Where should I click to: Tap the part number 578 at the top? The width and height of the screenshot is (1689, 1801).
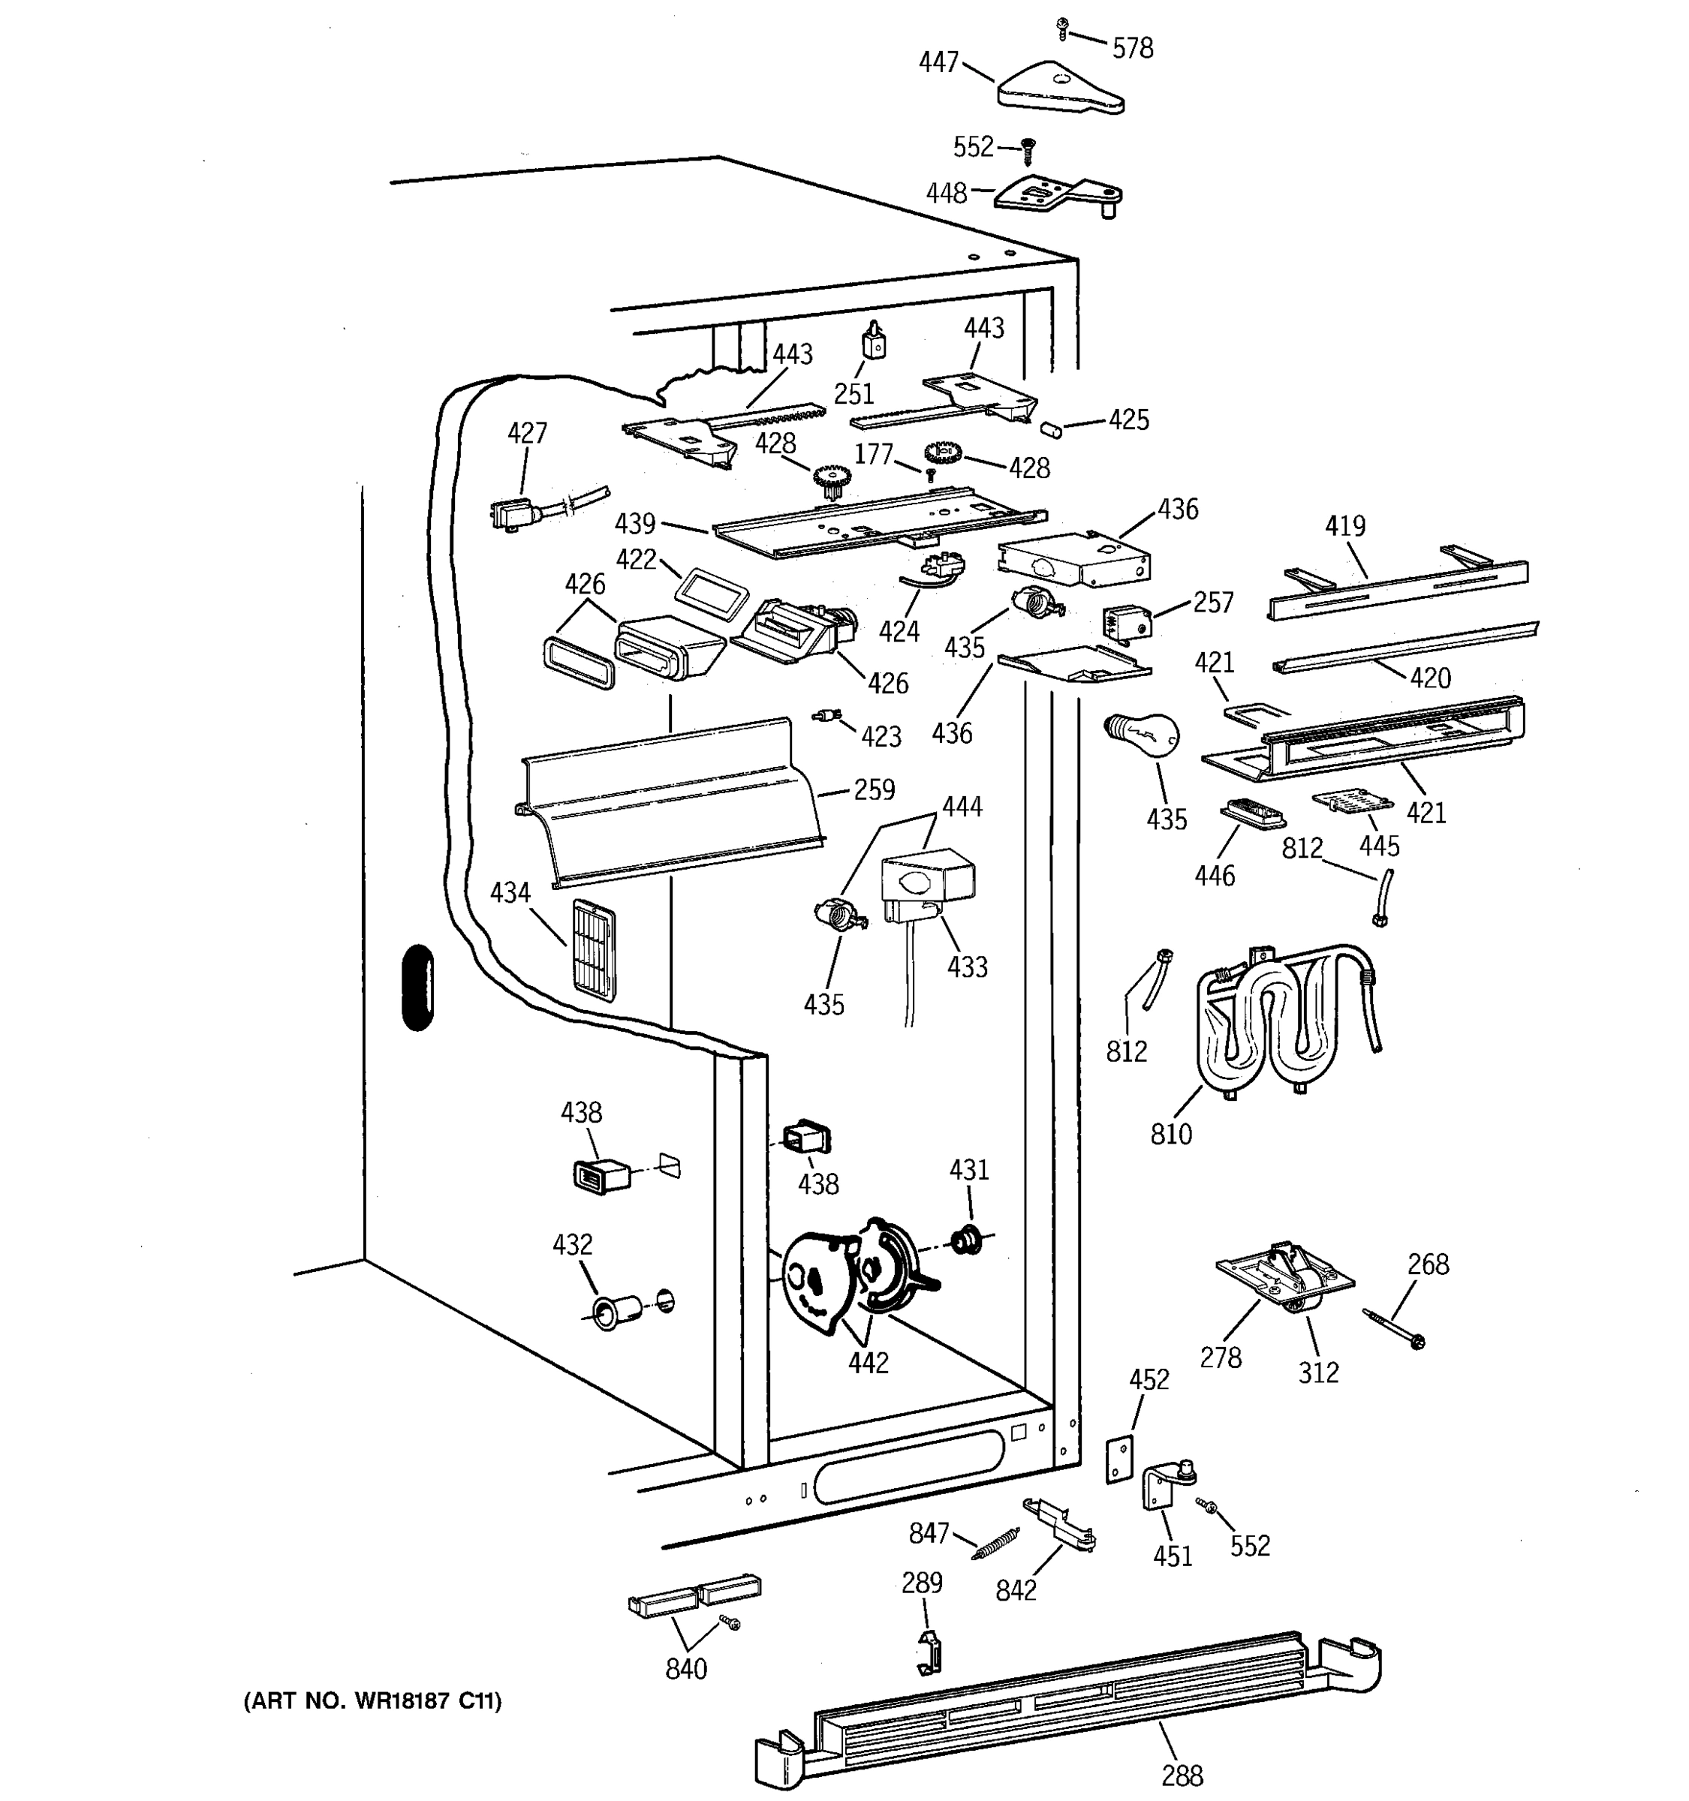[1133, 48]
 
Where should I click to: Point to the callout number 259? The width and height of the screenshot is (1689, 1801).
[875, 790]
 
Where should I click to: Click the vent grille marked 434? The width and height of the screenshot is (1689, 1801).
[594, 949]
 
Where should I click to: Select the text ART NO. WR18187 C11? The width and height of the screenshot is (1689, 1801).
[372, 1700]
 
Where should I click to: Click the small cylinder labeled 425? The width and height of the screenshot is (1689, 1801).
[1051, 428]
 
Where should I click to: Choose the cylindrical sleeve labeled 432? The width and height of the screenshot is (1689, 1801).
[616, 1311]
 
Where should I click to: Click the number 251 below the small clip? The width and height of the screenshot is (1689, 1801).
[854, 393]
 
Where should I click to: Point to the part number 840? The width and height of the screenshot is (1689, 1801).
[686, 1669]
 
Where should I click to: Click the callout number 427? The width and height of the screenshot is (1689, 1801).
[526, 433]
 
